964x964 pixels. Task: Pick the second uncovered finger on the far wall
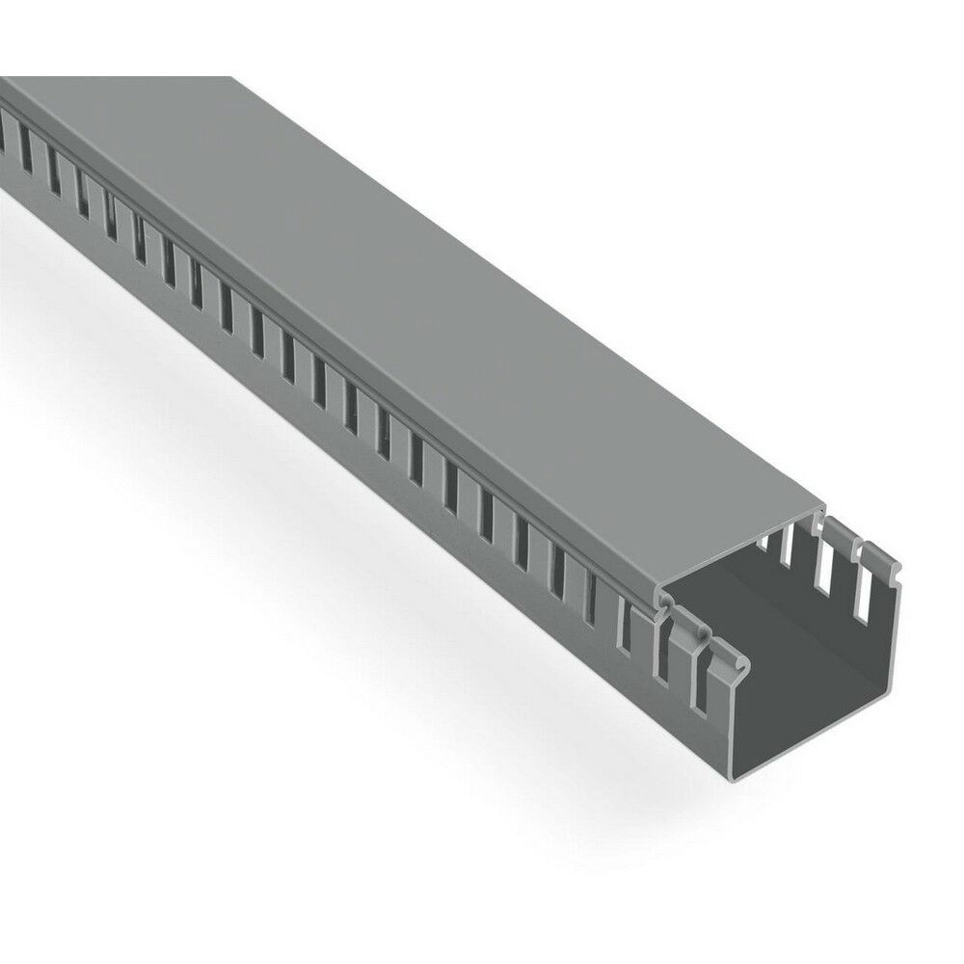tap(837, 569)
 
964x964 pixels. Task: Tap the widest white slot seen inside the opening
tap(820, 579)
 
